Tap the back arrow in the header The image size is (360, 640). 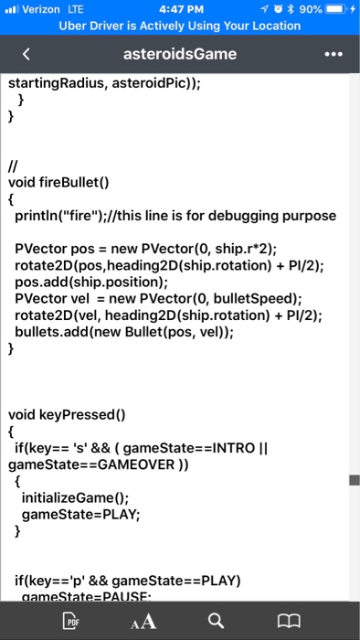tap(26, 54)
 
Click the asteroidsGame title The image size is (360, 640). tap(179, 54)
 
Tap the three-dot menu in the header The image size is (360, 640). tap(336, 54)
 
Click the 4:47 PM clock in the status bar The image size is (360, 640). tap(179, 9)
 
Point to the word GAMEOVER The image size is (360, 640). tap(122, 464)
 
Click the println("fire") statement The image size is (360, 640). tap(64, 216)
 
